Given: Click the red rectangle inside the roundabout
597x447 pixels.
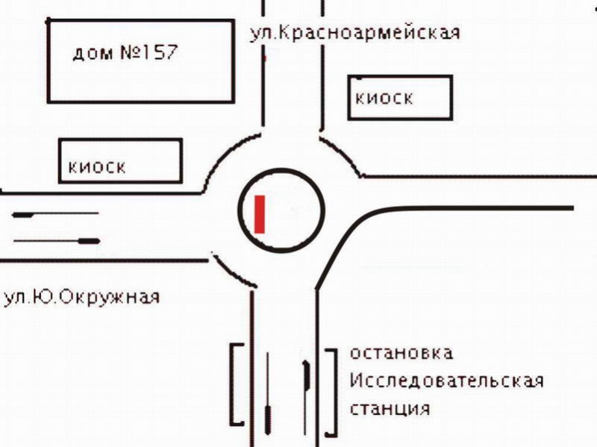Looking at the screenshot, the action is (260, 214).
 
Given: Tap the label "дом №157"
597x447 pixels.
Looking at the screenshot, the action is (125, 52).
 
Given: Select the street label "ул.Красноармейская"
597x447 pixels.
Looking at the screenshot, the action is (355, 33).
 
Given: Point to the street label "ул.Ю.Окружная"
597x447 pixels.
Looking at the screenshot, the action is (82, 297).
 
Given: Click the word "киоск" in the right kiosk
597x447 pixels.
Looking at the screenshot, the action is (384, 99).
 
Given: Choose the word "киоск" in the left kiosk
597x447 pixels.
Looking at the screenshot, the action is (97, 167).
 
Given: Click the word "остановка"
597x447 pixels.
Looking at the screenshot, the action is (401, 353).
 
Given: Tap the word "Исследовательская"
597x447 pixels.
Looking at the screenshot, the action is (446, 381).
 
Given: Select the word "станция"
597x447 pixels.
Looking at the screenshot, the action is (390, 408).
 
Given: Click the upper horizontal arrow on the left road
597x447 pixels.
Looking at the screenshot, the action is (55, 215).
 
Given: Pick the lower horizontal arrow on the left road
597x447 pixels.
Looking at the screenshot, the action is (57, 241).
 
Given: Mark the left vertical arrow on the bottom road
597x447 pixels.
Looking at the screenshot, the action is (268, 393).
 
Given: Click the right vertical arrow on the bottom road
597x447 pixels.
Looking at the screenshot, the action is (306, 397).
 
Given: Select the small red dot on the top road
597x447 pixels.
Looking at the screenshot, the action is (266, 59).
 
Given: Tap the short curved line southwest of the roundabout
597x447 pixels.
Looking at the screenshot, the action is (232, 271).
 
